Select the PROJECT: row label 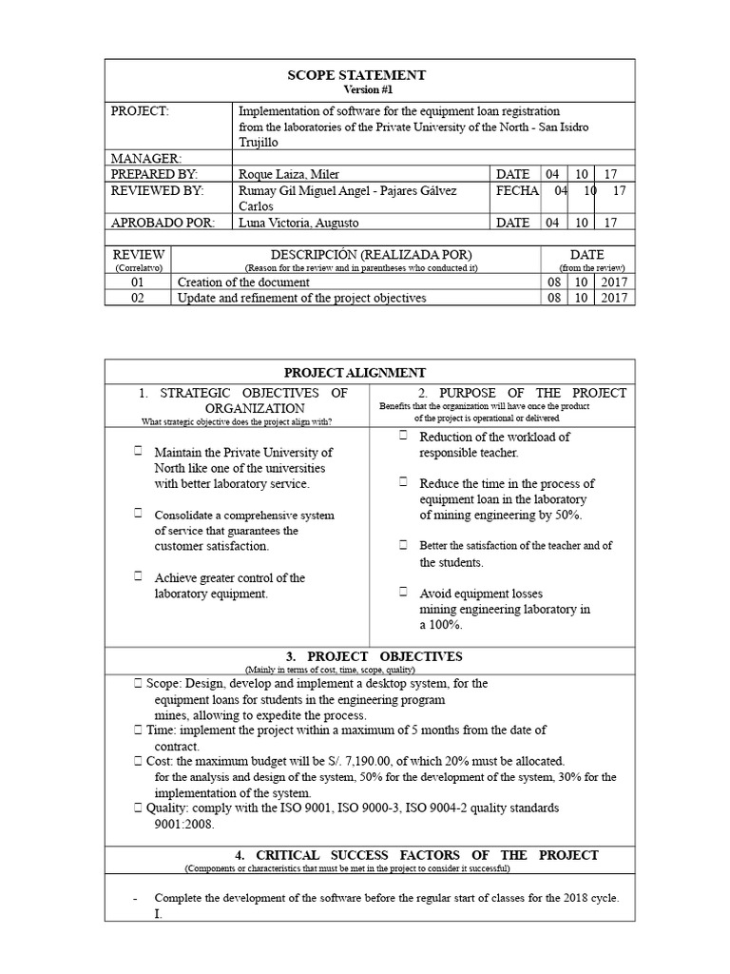[140, 111]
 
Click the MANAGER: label [146, 158]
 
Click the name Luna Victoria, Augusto [299, 223]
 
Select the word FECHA [517, 191]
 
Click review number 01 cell [139, 282]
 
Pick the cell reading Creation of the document [243, 282]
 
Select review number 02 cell [139, 298]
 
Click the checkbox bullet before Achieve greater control [139, 576]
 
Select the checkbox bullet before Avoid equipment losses [403, 592]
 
